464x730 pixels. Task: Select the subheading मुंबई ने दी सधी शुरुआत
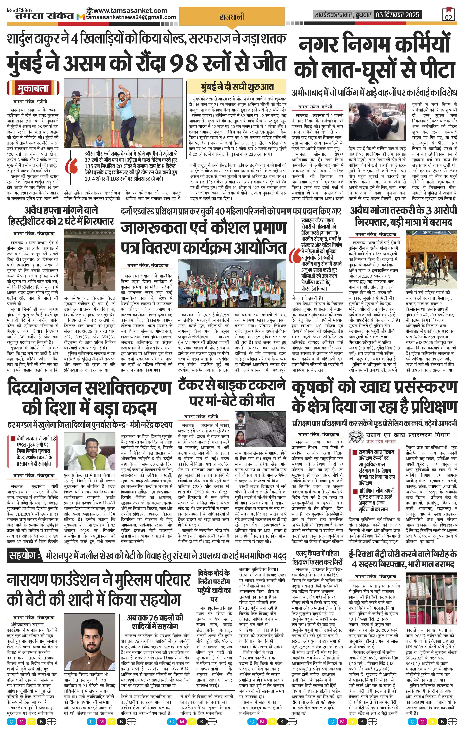237,87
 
